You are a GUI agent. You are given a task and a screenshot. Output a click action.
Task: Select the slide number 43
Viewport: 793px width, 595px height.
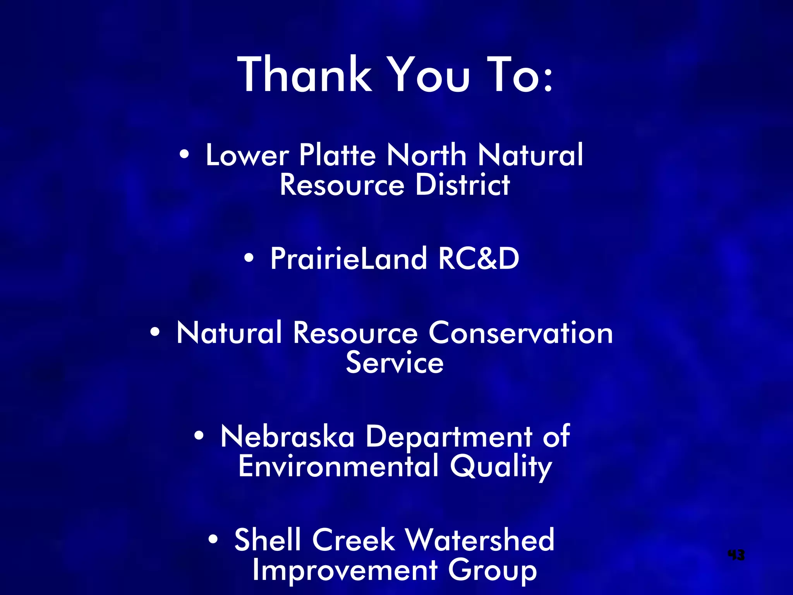(x=736, y=555)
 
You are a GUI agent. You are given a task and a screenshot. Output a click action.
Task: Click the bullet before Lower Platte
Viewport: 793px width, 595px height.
(x=184, y=155)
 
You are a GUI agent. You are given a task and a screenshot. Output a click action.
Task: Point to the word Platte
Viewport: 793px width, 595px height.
(x=337, y=155)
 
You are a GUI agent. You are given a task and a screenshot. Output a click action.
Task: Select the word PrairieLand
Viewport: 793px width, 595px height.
(x=348, y=258)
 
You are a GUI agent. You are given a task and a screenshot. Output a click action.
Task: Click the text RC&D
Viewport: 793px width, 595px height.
(x=479, y=258)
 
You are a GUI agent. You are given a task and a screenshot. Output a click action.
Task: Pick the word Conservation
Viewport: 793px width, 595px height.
(x=520, y=333)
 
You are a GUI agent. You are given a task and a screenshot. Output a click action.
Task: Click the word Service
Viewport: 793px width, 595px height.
(x=395, y=363)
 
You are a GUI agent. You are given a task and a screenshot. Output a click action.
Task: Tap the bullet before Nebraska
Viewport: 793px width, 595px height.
(x=199, y=436)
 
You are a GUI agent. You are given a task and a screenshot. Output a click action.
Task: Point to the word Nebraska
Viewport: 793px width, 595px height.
(x=287, y=437)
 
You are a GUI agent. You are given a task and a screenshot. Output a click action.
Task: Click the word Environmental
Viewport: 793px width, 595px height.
(x=338, y=466)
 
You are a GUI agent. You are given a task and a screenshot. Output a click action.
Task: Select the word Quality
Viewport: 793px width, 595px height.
(x=501, y=467)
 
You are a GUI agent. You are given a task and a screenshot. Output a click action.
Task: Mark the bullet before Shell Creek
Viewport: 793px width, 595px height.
(x=213, y=539)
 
